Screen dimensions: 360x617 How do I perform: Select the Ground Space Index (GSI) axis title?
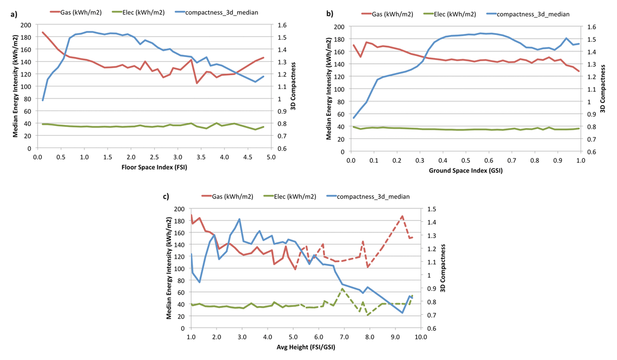tap(466, 171)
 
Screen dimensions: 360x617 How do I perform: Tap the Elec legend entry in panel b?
tap(452, 14)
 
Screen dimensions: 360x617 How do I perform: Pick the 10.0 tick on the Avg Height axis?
tap(420, 337)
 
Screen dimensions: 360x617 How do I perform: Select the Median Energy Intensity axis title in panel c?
tap(169, 268)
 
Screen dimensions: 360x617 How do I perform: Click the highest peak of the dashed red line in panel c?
tap(402, 216)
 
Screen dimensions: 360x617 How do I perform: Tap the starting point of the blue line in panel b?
tap(354, 118)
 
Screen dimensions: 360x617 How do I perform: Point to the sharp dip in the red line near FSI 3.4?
tap(197, 83)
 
